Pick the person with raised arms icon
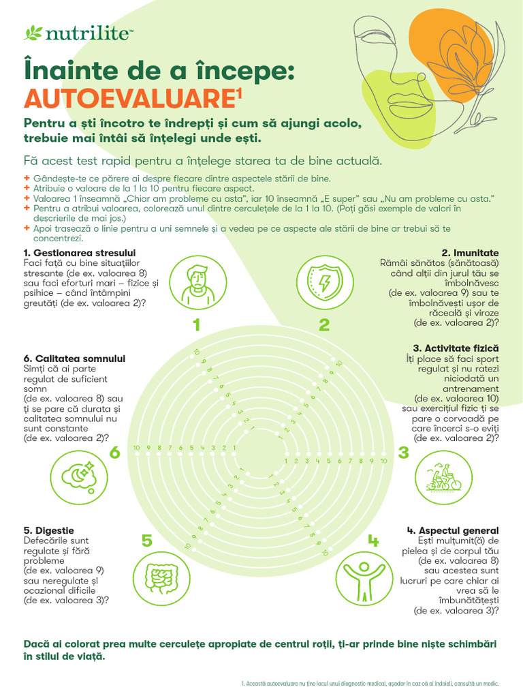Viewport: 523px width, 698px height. [x=364, y=578]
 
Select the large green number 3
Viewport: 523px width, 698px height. [x=403, y=453]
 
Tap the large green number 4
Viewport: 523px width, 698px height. [x=373, y=541]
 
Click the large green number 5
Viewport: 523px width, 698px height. [x=147, y=541]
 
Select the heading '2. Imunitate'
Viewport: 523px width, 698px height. [x=470, y=253]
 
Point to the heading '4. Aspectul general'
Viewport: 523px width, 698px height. [x=453, y=530]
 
